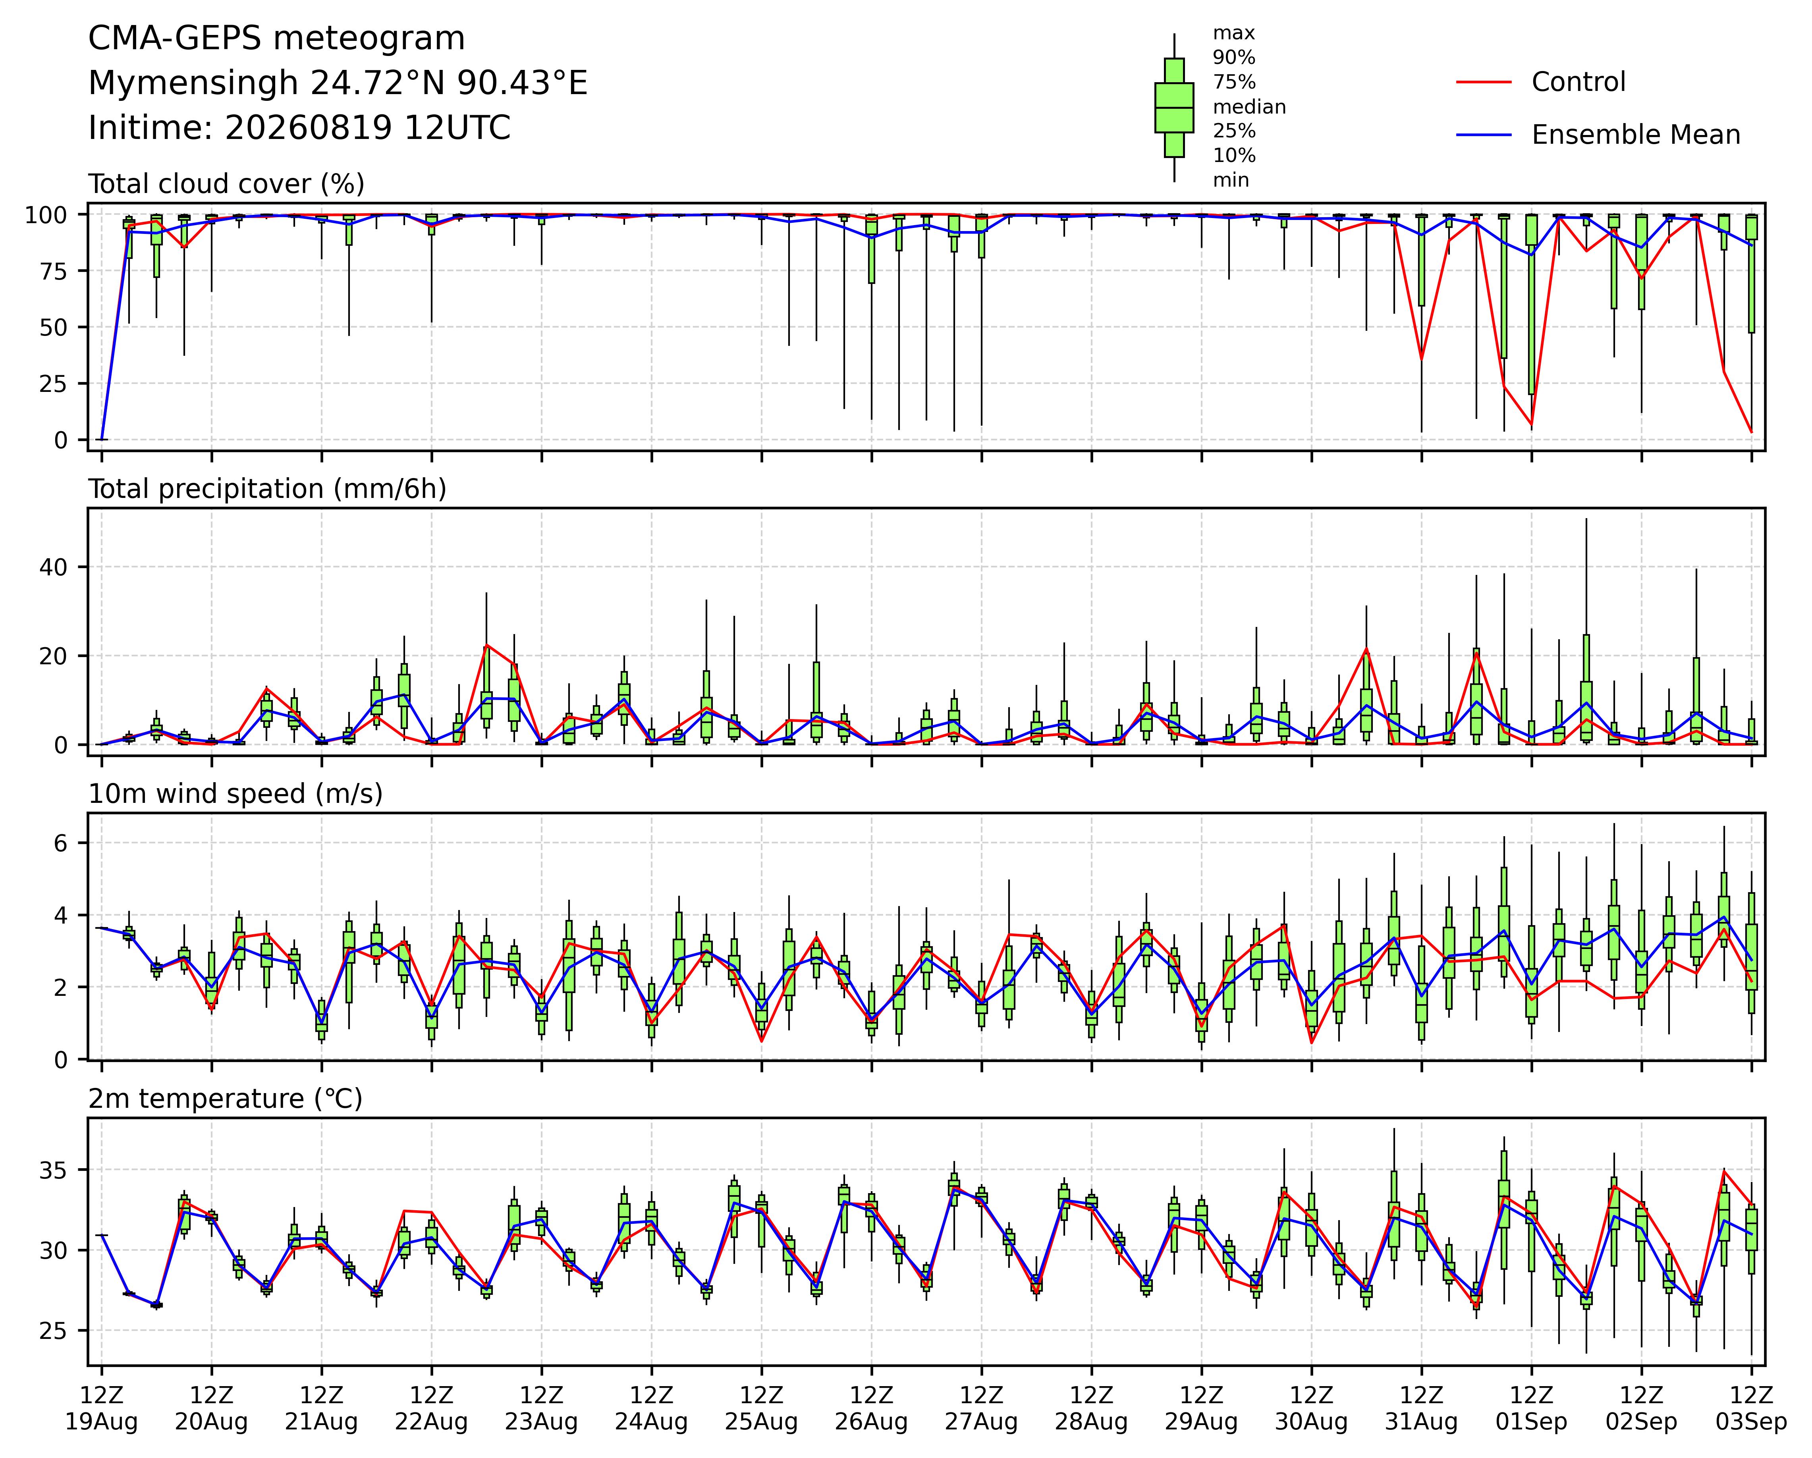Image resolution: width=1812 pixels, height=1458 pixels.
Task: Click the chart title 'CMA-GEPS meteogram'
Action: pos(276,39)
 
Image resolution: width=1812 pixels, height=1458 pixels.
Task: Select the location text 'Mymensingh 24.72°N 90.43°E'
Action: pos(338,83)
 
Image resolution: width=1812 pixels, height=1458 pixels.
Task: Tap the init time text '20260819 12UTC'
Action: pos(367,128)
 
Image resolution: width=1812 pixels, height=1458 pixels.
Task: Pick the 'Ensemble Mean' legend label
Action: pos(1636,135)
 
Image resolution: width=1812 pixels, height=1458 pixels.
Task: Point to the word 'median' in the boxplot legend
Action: pos(1249,107)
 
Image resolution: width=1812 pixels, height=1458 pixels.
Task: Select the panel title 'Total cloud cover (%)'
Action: pos(226,184)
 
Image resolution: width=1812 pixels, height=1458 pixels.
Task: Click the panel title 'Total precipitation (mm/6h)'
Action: pos(267,489)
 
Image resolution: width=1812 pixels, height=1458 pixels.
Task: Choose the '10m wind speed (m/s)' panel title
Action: pos(235,794)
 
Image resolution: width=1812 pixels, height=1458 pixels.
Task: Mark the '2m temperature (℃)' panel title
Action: pos(225,1099)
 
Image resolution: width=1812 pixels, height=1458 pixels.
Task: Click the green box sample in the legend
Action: pos(1174,108)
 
